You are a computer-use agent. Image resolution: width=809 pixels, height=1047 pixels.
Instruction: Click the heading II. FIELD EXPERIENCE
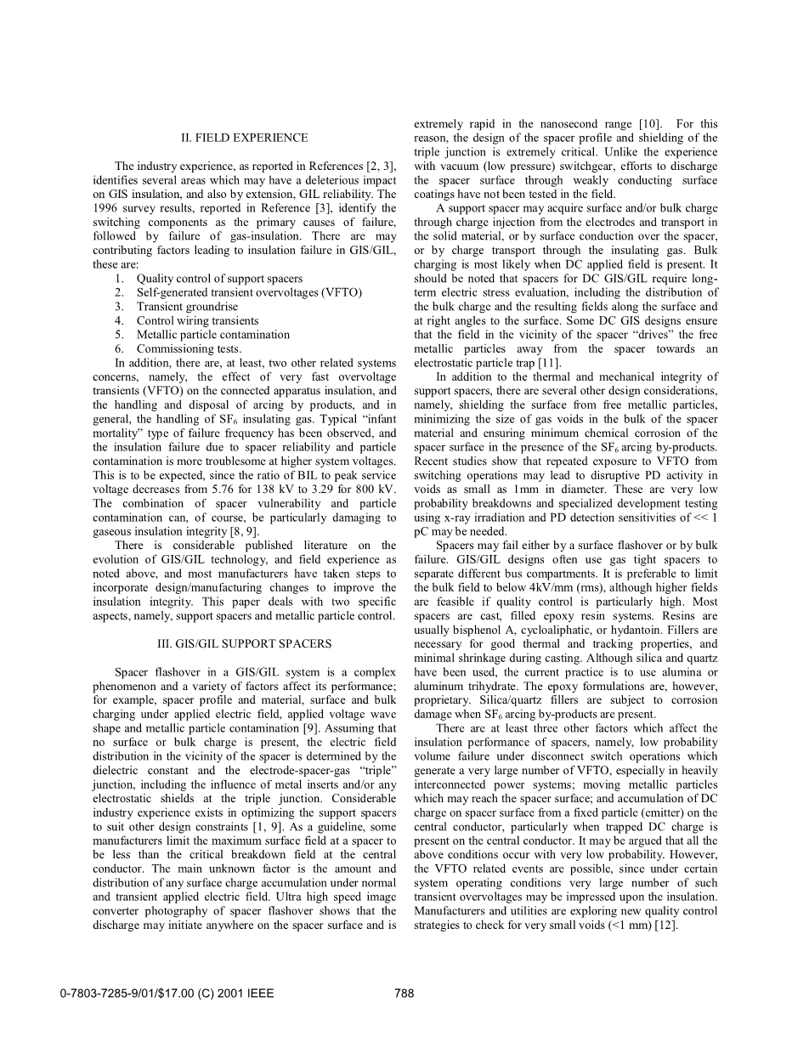[x=244, y=138]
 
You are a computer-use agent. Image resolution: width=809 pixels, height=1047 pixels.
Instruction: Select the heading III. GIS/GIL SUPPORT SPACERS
[x=244, y=643]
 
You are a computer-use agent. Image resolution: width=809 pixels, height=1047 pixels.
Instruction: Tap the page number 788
[x=404, y=993]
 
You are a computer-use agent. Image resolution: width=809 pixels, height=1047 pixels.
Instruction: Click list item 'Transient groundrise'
[x=187, y=306]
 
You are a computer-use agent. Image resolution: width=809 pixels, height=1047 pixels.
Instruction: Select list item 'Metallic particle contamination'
[x=212, y=335]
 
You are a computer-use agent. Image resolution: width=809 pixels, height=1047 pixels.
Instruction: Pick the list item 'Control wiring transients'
[x=197, y=320]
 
